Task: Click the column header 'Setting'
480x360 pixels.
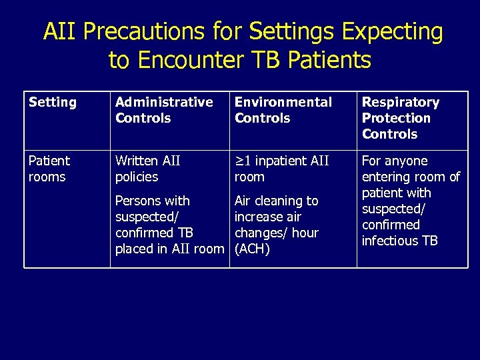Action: [53, 103]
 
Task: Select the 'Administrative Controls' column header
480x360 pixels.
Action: [164, 110]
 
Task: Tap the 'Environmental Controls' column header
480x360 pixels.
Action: [283, 110]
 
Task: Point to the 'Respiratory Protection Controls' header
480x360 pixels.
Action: [400, 118]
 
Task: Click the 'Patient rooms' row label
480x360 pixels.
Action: [49, 169]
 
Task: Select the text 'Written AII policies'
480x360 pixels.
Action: [148, 169]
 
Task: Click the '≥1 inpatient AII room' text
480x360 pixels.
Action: [281, 169]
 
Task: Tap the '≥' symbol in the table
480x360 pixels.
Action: [239, 161]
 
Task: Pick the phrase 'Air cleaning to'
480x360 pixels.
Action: [277, 201]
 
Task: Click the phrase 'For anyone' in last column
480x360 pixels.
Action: [395, 161]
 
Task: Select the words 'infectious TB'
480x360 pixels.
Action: [399, 241]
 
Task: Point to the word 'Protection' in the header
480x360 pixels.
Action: [396, 118]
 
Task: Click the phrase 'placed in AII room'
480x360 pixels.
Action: [169, 249]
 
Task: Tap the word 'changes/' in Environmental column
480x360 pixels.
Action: [261, 233]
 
